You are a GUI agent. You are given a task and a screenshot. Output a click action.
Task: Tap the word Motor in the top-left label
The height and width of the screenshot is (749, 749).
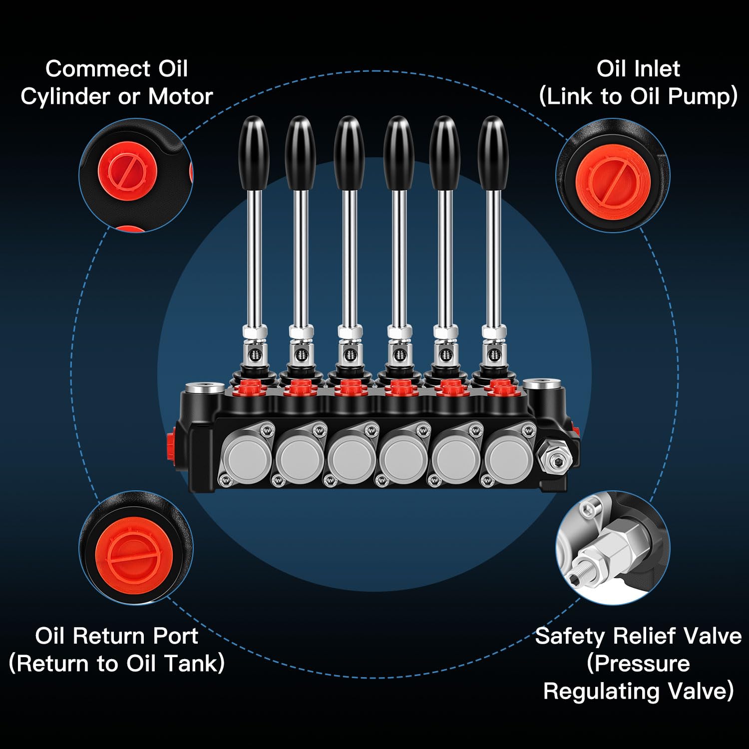(x=180, y=96)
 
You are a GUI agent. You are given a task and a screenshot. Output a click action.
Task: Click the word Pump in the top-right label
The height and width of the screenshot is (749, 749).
(x=699, y=96)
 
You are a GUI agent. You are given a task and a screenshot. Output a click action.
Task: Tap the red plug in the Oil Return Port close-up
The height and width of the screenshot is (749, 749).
(x=134, y=555)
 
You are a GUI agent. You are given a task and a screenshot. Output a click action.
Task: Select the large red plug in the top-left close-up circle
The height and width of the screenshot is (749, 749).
(x=127, y=171)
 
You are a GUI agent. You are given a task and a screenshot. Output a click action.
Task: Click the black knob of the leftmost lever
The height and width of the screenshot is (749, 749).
(x=254, y=152)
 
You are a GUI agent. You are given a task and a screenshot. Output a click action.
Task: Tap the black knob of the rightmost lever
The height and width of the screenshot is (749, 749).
(x=493, y=152)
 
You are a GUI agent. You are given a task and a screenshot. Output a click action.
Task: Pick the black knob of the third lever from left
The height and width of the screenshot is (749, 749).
(x=349, y=152)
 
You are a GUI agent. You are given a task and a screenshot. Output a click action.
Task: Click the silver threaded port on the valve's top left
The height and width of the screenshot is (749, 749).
(x=204, y=388)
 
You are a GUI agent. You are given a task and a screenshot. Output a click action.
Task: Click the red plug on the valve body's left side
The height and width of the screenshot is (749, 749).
(x=171, y=444)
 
